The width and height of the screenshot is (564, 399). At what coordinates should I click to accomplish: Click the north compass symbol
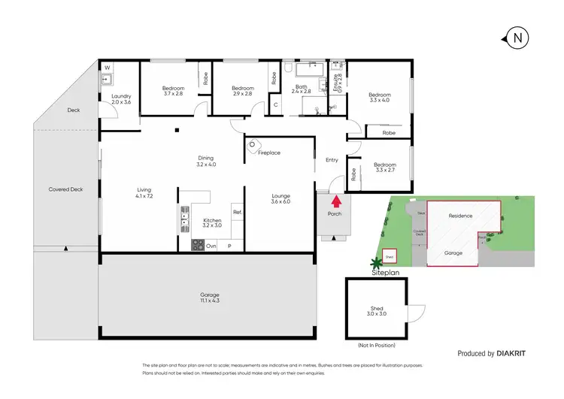point(517,38)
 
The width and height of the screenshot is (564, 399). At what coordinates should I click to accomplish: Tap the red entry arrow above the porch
point(335,201)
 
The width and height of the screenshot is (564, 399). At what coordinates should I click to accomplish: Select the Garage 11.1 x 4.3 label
point(210,297)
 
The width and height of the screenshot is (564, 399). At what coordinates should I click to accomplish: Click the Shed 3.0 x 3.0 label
point(377,311)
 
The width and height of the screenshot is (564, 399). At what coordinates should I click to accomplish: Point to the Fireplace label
point(268,153)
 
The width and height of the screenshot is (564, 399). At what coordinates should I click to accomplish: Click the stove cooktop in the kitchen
point(199,244)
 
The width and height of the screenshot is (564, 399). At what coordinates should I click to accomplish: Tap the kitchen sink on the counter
point(184,219)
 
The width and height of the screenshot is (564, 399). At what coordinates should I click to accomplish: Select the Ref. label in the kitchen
point(236,213)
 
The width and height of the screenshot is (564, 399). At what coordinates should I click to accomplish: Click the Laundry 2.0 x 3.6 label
point(121,98)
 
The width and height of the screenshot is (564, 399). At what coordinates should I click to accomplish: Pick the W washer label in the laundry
point(107,68)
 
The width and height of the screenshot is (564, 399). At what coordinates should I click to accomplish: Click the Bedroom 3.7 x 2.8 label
point(174,91)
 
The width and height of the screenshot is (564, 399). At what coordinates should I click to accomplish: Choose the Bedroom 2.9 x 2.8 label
point(243,91)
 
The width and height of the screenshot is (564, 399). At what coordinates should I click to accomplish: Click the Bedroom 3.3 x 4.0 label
point(380,98)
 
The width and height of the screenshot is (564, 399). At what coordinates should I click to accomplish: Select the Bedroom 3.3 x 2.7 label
point(386,167)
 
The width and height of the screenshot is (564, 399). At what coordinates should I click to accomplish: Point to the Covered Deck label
point(65,189)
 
